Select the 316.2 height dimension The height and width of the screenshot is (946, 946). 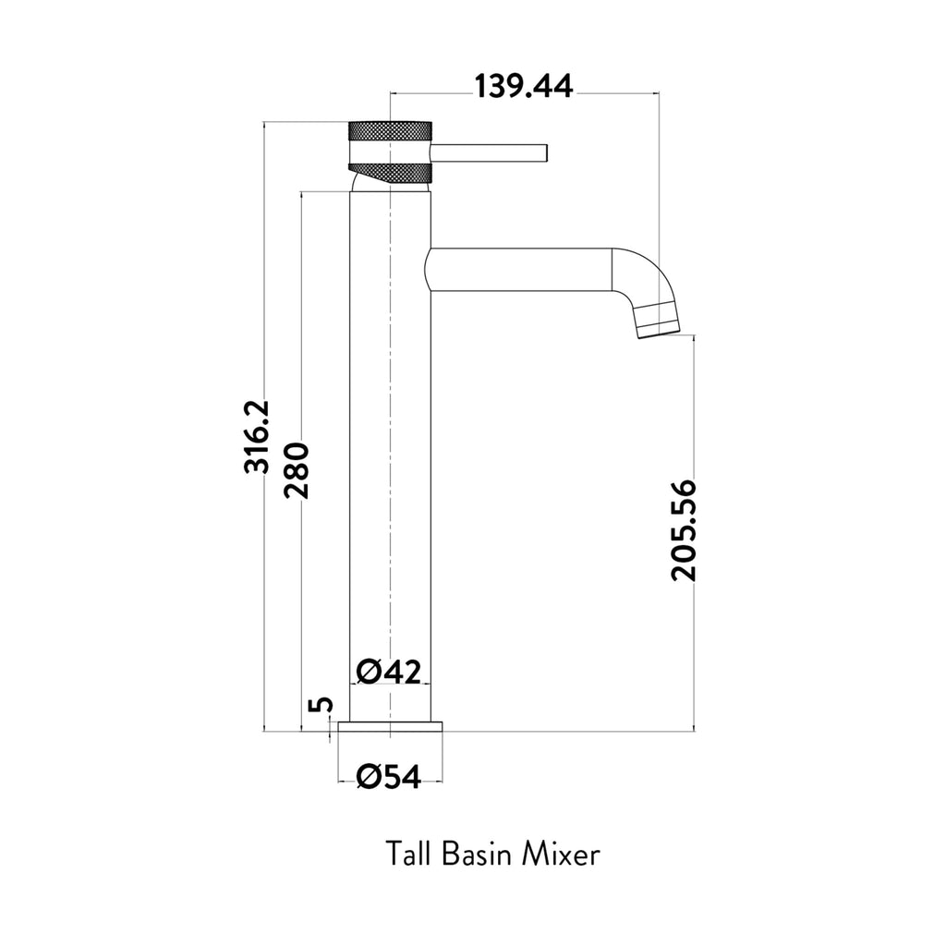(256, 436)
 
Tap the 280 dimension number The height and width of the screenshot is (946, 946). (297, 469)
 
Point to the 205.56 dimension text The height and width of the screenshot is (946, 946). (685, 529)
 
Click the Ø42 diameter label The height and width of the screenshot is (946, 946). (389, 672)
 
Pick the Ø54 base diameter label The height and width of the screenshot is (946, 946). (389, 778)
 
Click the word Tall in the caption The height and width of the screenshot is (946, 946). (407, 853)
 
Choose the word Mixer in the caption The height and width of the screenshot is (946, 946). (562, 853)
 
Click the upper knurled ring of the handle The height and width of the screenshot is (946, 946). (390, 131)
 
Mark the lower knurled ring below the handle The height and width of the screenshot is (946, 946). (390, 172)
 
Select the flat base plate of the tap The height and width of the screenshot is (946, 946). (391, 726)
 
